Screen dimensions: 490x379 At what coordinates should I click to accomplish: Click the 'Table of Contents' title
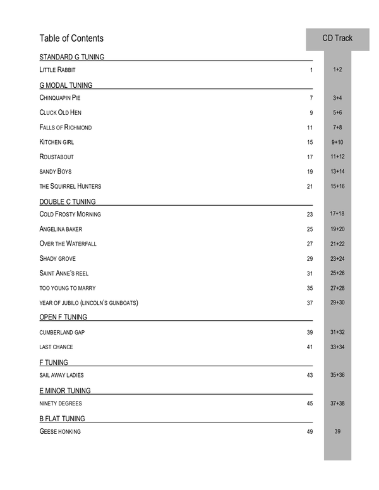coord(71,39)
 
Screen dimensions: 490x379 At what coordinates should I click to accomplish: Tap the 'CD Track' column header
coord(337,39)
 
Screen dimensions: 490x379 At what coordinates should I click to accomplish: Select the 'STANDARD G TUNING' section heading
coord(71,57)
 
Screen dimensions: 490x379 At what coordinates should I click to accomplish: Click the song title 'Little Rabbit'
coord(57,69)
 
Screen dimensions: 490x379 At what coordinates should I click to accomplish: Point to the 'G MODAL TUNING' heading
coord(66,85)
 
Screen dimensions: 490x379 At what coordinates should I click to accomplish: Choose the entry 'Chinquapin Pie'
coord(60,99)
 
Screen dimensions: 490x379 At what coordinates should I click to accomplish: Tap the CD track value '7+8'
coord(337,128)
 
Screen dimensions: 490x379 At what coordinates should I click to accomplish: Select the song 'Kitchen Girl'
coord(57,142)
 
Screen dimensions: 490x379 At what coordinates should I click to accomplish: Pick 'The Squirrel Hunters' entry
coord(70,186)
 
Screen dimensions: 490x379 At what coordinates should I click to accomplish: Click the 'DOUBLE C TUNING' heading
coord(68,202)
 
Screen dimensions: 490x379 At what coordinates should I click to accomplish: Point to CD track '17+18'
coord(337,214)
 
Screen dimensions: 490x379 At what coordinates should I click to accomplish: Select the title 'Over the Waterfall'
coord(68,244)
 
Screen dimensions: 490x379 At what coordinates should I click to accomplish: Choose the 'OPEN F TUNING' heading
coord(63,317)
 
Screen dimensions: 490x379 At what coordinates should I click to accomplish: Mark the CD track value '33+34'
coord(337,347)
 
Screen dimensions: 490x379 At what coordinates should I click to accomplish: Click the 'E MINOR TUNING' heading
coord(64,391)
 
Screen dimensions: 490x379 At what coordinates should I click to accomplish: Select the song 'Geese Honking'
coord(60,432)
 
